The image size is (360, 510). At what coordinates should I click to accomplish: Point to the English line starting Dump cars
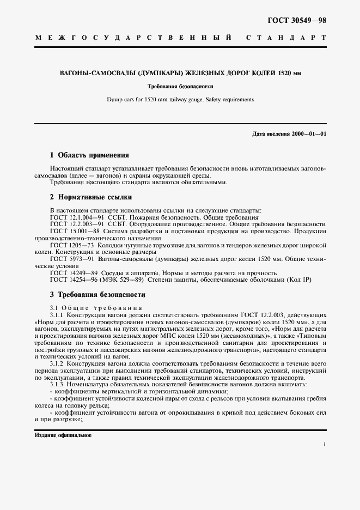[x=179, y=100]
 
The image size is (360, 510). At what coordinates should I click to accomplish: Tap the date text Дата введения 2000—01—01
[x=290, y=134]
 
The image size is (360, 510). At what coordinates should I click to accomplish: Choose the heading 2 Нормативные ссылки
[x=90, y=197]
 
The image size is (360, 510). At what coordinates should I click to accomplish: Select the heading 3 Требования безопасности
[x=97, y=294]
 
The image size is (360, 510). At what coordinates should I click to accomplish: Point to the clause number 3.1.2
[x=57, y=363]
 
